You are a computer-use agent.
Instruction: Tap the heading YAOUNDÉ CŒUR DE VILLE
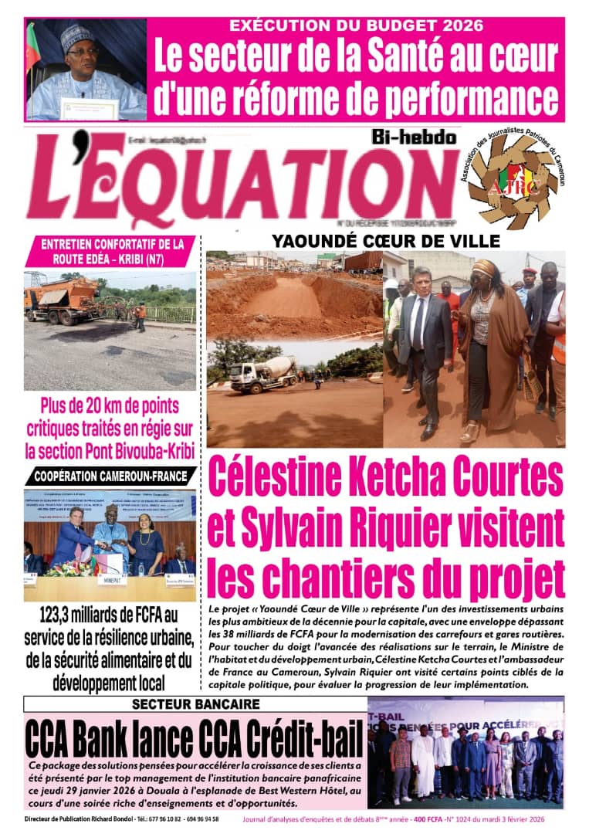tap(385, 241)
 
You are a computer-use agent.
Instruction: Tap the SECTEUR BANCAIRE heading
tap(195, 704)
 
